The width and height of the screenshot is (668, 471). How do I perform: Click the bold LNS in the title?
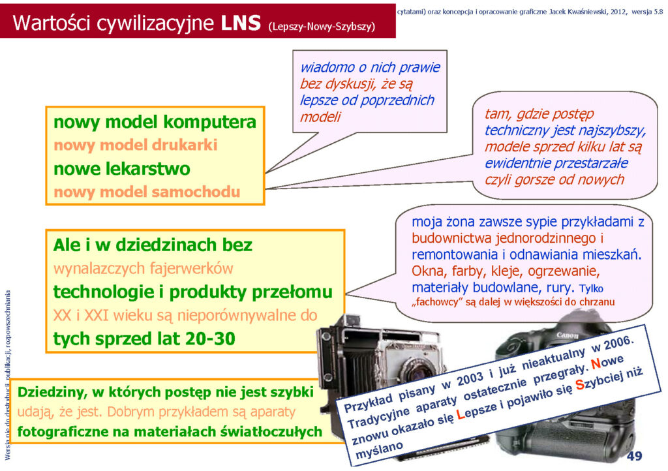241,23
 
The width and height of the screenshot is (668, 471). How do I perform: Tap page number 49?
634,455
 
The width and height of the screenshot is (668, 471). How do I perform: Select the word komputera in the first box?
210,122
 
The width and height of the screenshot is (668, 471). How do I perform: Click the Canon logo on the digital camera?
568,335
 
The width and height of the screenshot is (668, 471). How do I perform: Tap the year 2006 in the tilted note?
618,343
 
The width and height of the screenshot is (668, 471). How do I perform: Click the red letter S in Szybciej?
580,384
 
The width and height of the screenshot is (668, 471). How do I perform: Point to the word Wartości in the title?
52,23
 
